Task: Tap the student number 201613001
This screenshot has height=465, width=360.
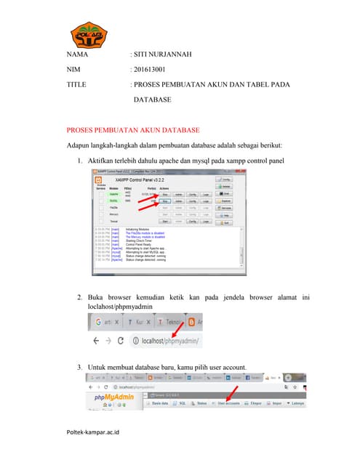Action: coord(150,70)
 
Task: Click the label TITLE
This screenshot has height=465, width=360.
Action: coord(76,85)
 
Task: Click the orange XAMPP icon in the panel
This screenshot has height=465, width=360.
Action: coord(97,179)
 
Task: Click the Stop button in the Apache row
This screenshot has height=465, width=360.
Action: coord(166,194)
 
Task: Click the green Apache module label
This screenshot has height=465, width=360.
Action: coord(113,194)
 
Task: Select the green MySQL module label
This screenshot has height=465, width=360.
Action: coord(113,201)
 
